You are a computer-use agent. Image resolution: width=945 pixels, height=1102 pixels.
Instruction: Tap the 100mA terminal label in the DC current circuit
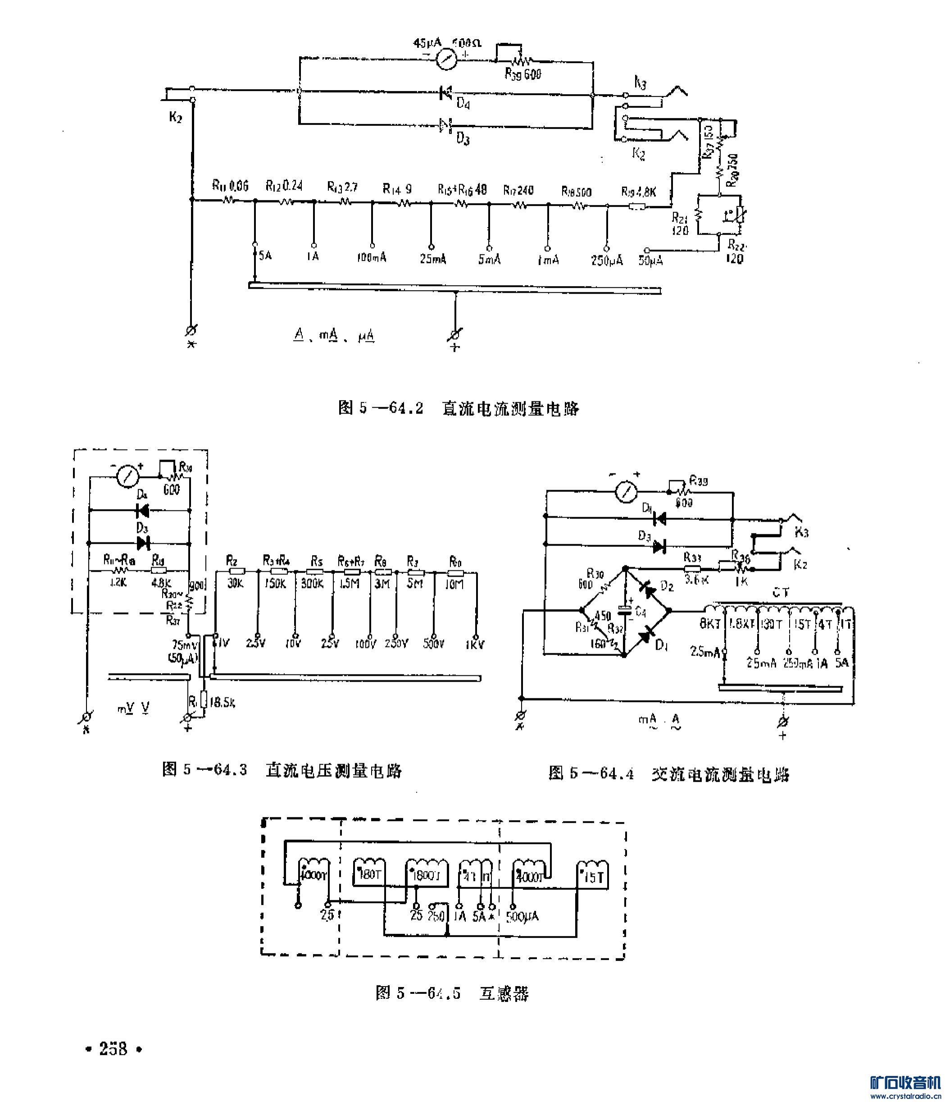click(x=372, y=259)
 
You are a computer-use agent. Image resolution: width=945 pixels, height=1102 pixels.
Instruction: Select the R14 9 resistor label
click(x=397, y=189)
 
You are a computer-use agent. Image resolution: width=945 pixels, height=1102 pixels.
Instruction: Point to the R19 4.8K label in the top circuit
click(x=639, y=191)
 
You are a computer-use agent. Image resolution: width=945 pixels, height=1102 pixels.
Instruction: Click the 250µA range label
click(x=607, y=260)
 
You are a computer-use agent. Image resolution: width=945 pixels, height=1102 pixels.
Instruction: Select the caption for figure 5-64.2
click(x=459, y=408)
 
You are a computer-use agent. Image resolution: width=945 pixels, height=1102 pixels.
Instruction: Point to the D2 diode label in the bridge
click(x=667, y=586)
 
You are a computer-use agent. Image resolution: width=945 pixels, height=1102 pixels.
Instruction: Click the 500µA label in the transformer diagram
click(x=522, y=916)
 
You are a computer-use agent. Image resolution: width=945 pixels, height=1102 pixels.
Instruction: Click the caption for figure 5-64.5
click(x=453, y=993)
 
